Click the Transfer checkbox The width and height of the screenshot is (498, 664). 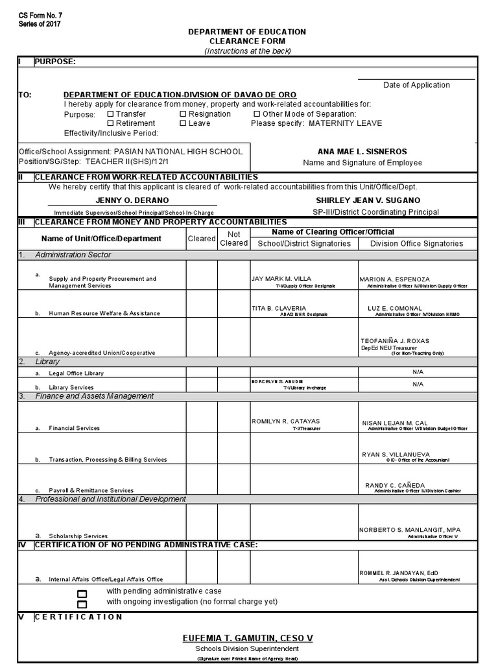coord(110,114)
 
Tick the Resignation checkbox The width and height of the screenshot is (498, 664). coord(183,114)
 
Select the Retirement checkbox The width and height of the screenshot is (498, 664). coord(110,123)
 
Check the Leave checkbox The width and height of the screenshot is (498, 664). coord(183,123)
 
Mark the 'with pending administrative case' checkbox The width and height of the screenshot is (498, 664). coord(82,593)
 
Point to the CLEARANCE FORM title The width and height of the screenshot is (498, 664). coord(246,41)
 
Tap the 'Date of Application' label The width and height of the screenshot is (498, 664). coord(416,85)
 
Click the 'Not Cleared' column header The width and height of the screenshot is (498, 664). coord(233,238)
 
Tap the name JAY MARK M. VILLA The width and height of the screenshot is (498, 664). coord(281,279)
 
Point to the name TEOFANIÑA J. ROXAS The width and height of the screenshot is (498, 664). coord(394,341)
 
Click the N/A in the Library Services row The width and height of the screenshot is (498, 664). coord(417,384)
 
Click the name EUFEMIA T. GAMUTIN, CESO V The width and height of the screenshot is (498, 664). coord(248,639)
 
